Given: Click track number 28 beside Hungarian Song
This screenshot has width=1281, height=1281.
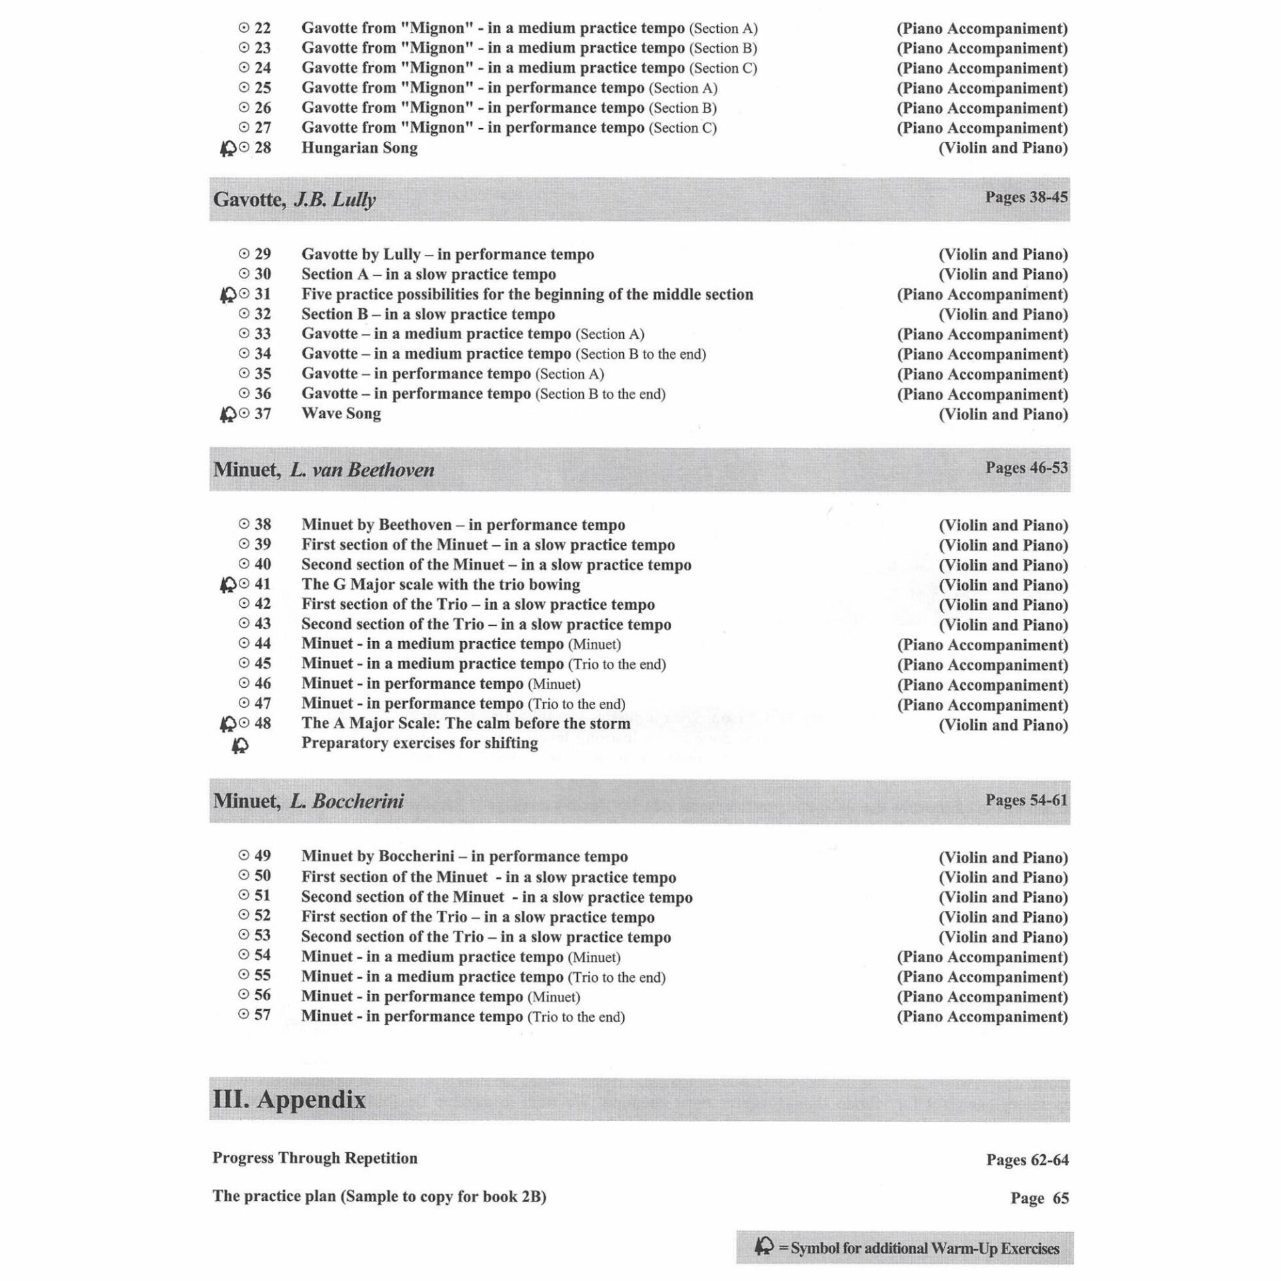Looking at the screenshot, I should coord(263,147).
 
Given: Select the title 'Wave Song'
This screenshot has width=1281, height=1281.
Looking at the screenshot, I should coord(341,414).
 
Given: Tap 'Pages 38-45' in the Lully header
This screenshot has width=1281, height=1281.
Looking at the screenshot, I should coord(1026,197).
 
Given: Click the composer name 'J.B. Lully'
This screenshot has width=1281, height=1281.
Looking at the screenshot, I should coord(335,199).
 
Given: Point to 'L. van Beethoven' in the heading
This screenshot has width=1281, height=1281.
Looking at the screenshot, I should coord(362,470).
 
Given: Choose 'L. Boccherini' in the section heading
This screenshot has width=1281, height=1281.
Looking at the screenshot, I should coord(346,801).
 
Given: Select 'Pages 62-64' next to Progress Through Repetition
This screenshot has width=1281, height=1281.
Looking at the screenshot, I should coord(1027,1160).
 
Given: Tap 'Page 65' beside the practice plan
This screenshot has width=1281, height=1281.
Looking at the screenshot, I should coord(1039,1198).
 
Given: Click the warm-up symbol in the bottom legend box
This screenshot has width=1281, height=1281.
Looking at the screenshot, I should coord(764,1246).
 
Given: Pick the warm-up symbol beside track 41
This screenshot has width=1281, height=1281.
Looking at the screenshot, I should coord(228,585).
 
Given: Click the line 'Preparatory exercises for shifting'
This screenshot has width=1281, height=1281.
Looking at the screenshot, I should coord(419,743).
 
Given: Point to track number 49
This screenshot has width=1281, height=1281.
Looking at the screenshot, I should coord(263,855).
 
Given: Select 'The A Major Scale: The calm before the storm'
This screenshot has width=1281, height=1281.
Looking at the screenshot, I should coord(465,723).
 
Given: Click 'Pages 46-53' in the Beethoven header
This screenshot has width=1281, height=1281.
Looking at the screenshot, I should coord(1026,468).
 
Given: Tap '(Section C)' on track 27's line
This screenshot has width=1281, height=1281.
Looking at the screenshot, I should coord(683,128).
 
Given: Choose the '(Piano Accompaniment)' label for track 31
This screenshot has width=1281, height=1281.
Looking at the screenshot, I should coord(981,294).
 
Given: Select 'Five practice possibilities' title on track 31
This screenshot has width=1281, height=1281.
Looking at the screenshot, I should coord(527,294).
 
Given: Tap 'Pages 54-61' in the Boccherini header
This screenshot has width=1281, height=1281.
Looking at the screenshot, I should coord(1026,800).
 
